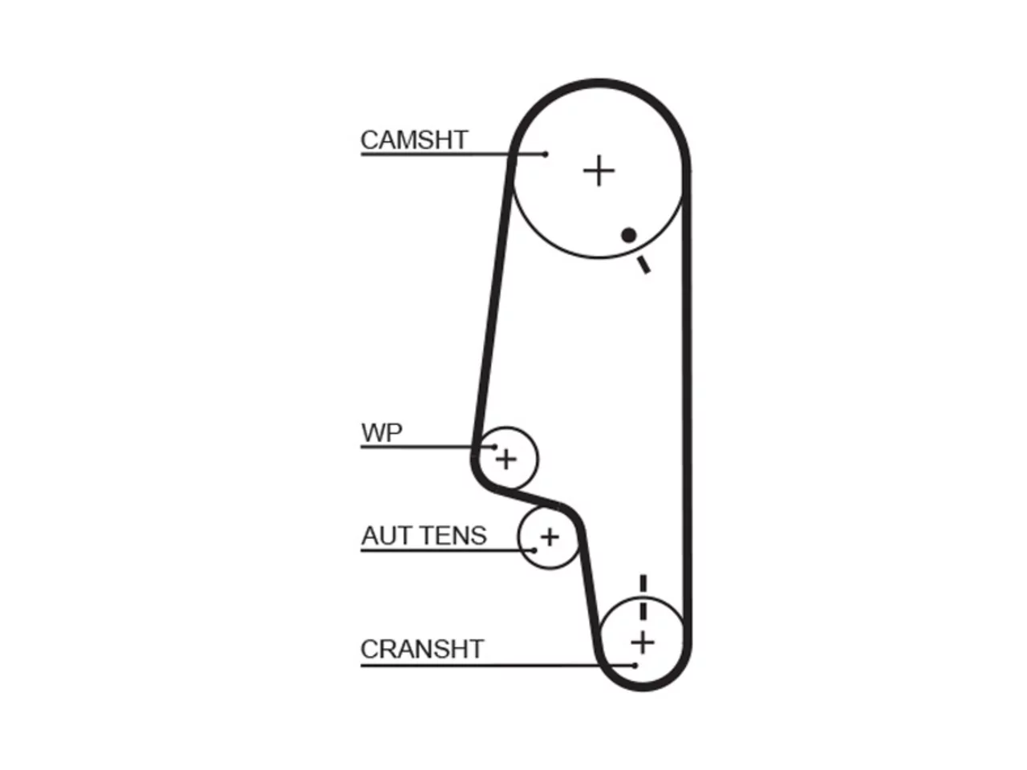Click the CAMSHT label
coord(414,140)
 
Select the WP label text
coord(381,432)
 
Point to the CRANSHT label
coord(422,649)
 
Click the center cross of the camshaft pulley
coord(599,171)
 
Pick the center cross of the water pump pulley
coord(505,459)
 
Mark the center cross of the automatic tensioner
coord(550,537)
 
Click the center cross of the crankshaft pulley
coord(643,642)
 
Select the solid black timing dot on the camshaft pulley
coord(629,235)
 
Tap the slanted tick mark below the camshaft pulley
coord(643,265)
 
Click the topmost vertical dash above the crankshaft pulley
coord(643,582)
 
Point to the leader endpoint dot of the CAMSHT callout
coord(545,154)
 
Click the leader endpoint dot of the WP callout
coord(494,447)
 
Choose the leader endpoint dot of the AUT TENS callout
coord(534,550)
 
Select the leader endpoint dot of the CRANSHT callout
coord(635,665)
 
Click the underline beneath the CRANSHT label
coord(497,665)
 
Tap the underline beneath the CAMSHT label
coord(453,154)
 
